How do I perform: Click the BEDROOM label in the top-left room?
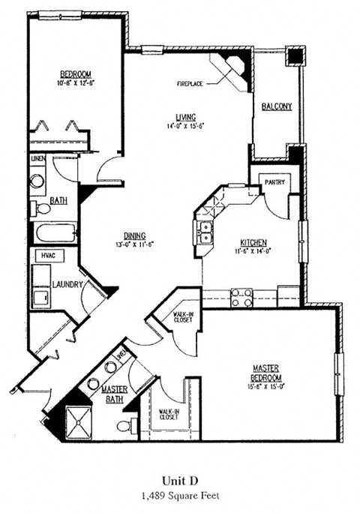coord(76,73)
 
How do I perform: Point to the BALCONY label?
coord(277,107)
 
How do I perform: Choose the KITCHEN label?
coord(253,242)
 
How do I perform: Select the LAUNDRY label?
coord(67,284)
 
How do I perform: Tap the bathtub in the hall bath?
coord(54,232)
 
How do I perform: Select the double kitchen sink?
coord(204,232)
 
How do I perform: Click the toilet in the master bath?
coord(126,426)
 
